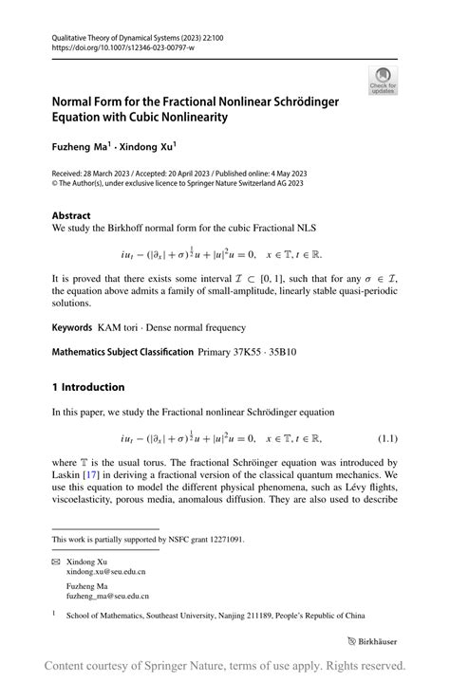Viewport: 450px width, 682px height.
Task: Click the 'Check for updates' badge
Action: [384, 80]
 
